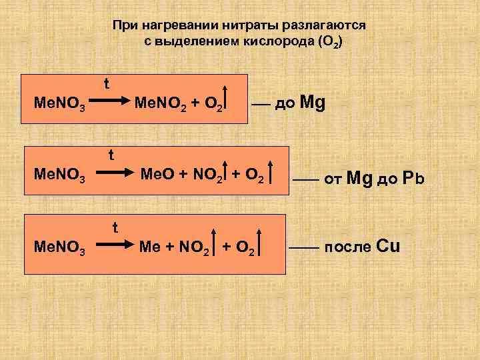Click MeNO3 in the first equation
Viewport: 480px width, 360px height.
coord(59,104)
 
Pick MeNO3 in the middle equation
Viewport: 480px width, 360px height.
coord(59,177)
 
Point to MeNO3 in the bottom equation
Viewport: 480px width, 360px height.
coord(59,250)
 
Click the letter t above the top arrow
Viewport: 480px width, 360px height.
coord(107,84)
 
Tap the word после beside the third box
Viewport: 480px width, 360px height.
coord(349,247)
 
